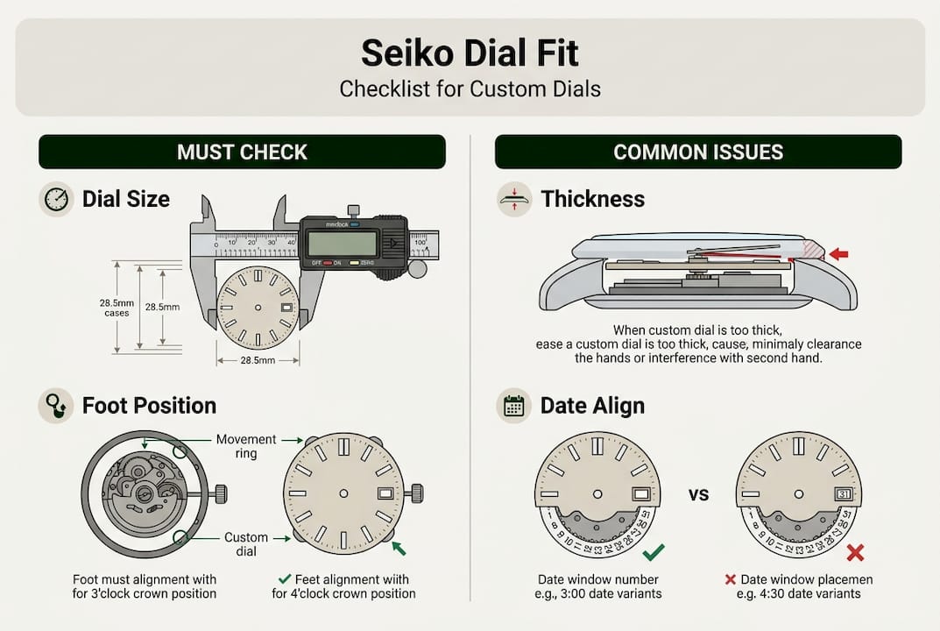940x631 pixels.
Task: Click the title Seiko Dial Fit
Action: pos(470,53)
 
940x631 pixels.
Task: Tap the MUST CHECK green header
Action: pos(242,152)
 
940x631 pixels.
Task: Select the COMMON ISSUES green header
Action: pos(697,152)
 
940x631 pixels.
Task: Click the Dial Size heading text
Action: pos(126,199)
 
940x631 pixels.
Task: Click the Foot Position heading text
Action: pos(149,406)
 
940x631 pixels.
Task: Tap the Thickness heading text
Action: pos(592,199)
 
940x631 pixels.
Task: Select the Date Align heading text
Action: pos(592,406)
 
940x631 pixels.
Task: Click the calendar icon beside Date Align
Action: pos(513,406)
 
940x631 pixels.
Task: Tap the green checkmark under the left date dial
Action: pos(654,552)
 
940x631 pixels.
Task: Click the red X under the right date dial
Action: pos(855,553)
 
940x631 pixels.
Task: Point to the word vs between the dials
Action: pos(698,494)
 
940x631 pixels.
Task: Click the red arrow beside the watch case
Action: pos(838,254)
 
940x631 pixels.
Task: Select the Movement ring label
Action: pos(246,446)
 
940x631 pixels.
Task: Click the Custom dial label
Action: pos(246,544)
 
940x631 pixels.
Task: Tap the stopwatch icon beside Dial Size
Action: pos(56,199)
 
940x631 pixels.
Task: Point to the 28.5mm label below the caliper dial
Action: pos(258,360)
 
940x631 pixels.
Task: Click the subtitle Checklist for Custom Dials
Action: pos(470,89)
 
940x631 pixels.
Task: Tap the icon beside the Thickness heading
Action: pos(513,199)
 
